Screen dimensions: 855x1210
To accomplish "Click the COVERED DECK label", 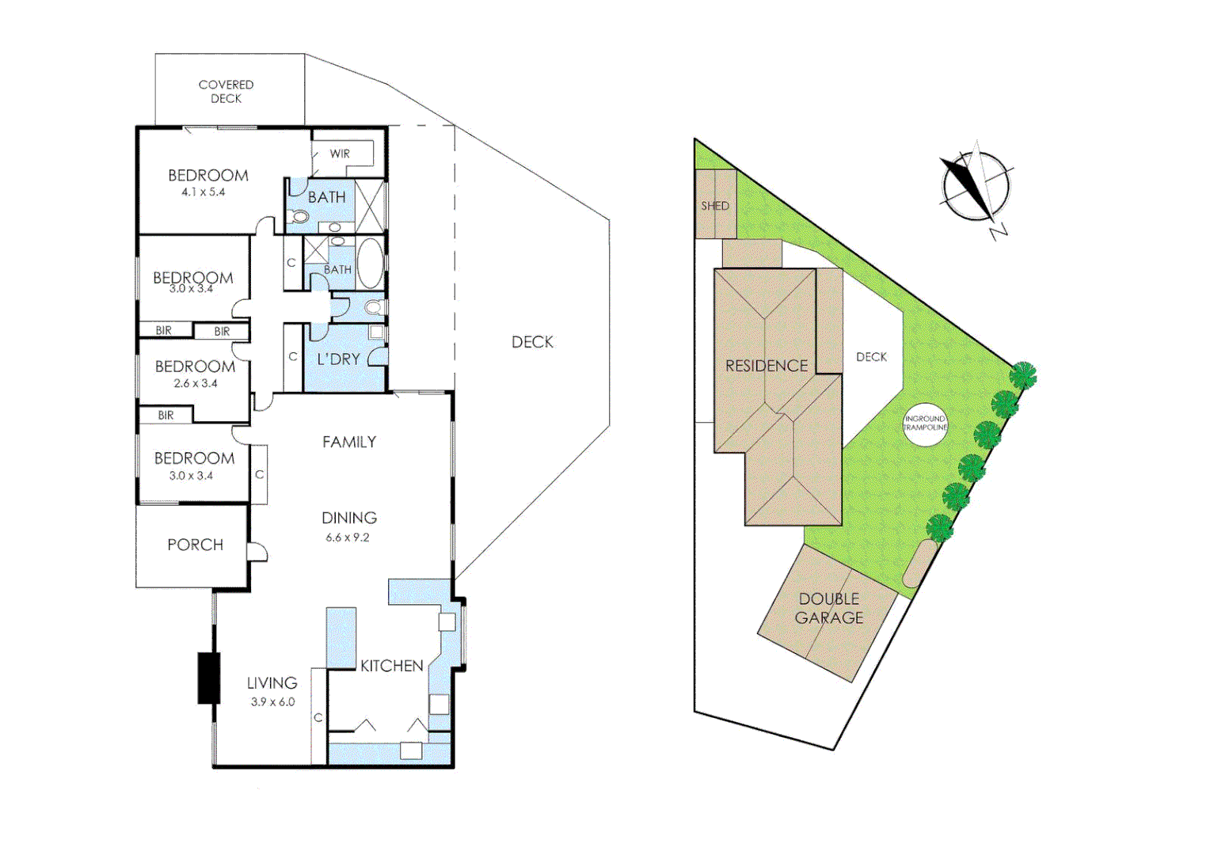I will tap(226, 91).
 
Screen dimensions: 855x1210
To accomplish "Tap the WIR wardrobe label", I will tap(340, 154).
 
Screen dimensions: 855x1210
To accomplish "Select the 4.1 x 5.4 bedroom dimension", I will tap(203, 192).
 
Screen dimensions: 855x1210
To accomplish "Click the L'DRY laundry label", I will tap(338, 359).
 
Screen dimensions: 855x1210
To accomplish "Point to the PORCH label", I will tap(195, 545).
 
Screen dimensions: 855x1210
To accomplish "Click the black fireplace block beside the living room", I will tap(208, 678).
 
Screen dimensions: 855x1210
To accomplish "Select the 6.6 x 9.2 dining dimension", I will tap(347, 538).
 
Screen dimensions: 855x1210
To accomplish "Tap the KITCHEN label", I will tap(391, 666).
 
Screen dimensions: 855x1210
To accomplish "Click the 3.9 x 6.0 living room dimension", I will tap(272, 702).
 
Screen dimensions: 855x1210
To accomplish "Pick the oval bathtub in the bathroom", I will tap(371, 264).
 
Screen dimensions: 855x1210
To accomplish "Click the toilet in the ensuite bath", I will tap(299, 216).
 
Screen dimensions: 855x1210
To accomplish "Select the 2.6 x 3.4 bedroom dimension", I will tap(195, 383).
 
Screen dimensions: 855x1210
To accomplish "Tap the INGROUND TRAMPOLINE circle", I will tap(925, 424).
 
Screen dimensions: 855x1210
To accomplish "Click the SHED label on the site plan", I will tap(714, 206).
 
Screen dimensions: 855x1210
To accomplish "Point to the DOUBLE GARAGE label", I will tap(828, 608).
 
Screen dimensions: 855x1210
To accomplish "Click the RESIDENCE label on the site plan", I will tap(766, 366).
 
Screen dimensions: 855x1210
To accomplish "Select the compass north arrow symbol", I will tap(976, 188).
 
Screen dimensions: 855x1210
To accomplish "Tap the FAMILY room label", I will tap(348, 443).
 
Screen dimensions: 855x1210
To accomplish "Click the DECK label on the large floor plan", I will tap(532, 342).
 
